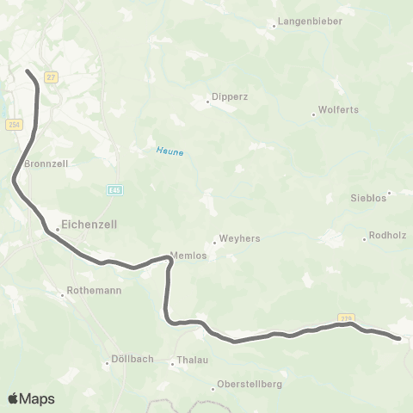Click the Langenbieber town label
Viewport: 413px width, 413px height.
pos(309,25)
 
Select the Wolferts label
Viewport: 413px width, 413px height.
pos(338,110)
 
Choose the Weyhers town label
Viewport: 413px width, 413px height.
pos(240,239)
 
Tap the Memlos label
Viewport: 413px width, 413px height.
pos(188,256)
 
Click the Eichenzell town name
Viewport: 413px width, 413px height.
pos(89,224)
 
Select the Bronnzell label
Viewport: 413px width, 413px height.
pos(46,163)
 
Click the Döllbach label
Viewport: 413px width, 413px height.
pos(133,359)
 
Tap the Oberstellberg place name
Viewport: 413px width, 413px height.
pos(250,385)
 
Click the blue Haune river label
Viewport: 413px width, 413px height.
pos(170,151)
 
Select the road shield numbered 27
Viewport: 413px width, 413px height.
pos(52,77)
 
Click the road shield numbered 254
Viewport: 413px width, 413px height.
pos(14,125)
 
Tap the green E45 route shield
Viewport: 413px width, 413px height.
pos(114,188)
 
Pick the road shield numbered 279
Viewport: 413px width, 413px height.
pos(345,317)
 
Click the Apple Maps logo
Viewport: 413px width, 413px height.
pos(31,398)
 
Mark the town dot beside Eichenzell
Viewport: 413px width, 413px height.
pos(57,229)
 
